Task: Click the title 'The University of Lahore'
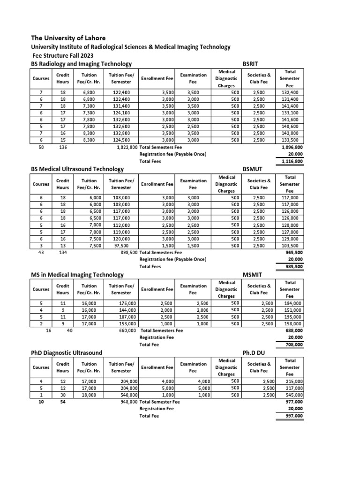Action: click(68, 37)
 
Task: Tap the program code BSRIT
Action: click(251, 63)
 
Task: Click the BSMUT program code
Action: click(253, 169)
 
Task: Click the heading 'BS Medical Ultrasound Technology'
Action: click(77, 169)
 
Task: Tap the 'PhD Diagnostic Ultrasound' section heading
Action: click(67, 352)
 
